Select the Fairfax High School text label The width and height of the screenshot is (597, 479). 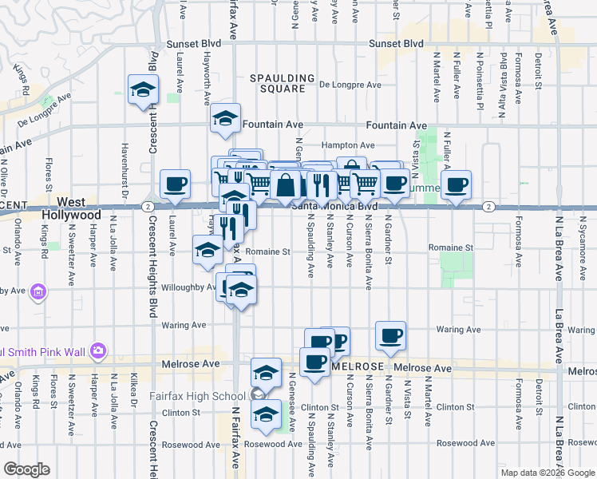[x=197, y=396]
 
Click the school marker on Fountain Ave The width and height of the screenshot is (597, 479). [x=226, y=121]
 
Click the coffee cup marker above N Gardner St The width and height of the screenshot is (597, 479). [x=390, y=336]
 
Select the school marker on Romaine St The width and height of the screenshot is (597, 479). [x=208, y=250]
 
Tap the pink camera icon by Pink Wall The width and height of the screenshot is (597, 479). [x=97, y=350]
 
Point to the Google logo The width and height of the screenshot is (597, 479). [x=26, y=469]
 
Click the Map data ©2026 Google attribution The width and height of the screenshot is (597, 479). [x=548, y=473]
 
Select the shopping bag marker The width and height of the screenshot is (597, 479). [x=285, y=184]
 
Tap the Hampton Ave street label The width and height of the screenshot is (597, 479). [x=348, y=145]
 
